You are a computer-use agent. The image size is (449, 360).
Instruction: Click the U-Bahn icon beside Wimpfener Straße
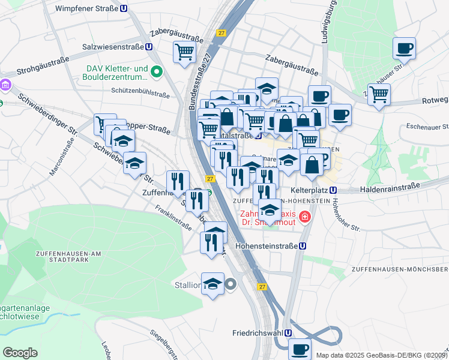[x=124, y=9]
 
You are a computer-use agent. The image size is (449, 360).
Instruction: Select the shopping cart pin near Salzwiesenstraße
[x=184, y=52]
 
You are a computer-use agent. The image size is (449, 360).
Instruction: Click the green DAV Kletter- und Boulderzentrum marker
[x=157, y=73]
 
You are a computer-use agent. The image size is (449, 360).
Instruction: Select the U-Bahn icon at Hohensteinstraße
[x=303, y=245]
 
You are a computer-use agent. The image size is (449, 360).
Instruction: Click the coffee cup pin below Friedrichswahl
[x=300, y=349]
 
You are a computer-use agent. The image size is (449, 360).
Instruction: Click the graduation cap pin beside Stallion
[x=212, y=284]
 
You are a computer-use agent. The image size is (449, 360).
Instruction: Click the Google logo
[x=20, y=352]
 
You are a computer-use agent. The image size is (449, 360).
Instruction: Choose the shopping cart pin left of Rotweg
[x=379, y=94]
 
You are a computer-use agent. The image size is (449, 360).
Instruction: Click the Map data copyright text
[x=382, y=355]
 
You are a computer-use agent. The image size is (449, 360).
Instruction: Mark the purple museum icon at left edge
[x=5, y=85]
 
